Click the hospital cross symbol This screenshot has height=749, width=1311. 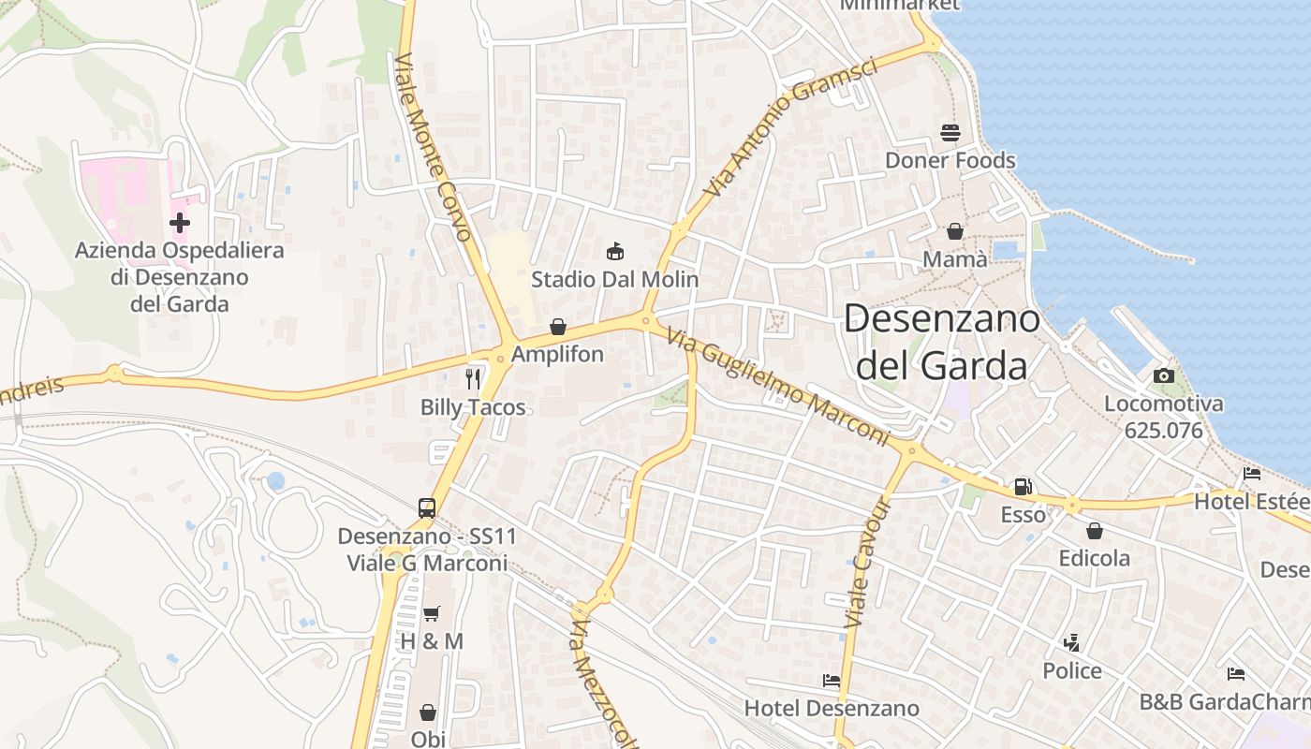point(179,223)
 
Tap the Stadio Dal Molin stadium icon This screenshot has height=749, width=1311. point(615,251)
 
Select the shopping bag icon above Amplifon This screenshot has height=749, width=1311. point(558,327)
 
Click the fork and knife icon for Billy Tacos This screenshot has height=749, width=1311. point(473,378)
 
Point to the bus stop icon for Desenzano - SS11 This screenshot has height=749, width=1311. point(427,508)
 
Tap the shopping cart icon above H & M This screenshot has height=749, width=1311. point(431,614)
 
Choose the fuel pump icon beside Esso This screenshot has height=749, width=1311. point(1024,487)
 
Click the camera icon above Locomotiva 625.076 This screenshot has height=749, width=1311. point(1164,375)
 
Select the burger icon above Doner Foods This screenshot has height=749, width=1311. point(950,133)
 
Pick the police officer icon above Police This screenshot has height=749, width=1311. point(1072,643)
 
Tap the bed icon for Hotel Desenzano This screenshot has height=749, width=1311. point(831,680)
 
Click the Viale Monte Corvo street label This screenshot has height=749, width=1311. point(433,147)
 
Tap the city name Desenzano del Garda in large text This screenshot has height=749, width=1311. point(942,342)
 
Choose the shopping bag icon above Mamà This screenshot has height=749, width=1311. point(955,230)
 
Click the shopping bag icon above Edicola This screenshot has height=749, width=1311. point(1094,531)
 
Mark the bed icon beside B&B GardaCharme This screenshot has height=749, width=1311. point(1236,674)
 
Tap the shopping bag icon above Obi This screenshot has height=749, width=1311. point(428,712)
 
